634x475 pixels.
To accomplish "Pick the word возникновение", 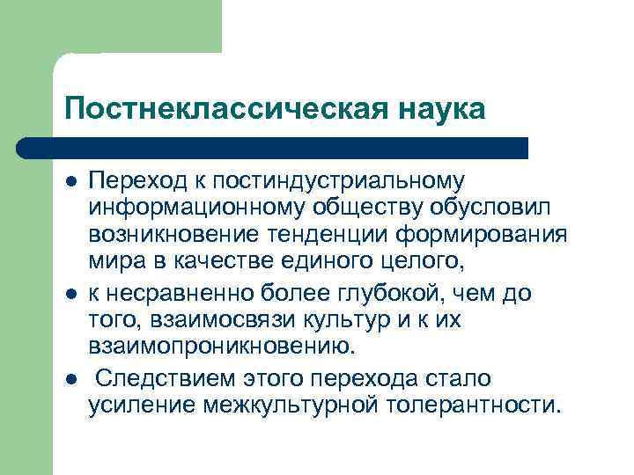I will point(168,236).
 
